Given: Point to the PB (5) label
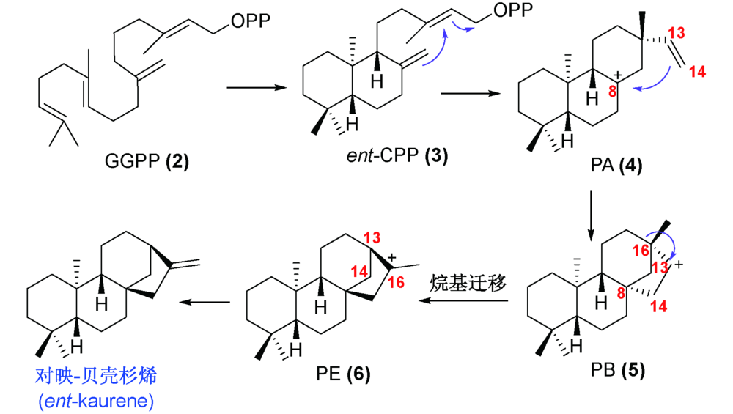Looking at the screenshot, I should (x=618, y=371).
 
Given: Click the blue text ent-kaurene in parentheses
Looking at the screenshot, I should (x=96, y=401).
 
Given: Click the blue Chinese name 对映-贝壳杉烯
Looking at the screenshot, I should (x=96, y=377).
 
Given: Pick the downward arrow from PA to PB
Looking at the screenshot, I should (x=592, y=214).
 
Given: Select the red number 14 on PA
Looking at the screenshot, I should (x=696, y=72).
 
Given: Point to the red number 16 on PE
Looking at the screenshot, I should (x=396, y=283).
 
